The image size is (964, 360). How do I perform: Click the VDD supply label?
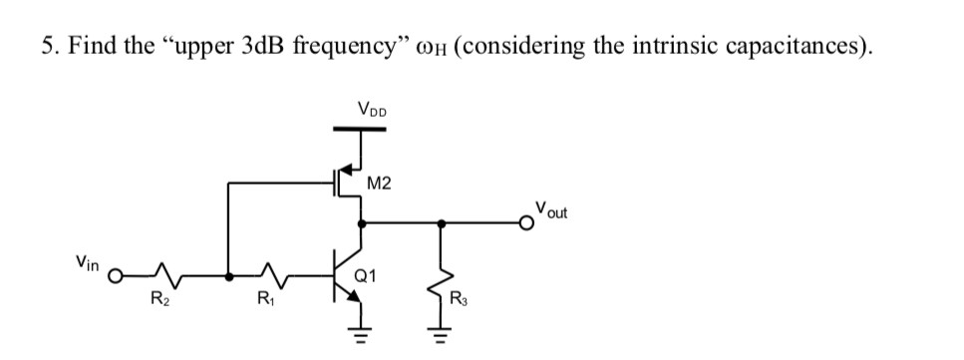coord(373,108)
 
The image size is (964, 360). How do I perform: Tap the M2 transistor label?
coord(379,182)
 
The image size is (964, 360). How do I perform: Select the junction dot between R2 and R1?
coord(229,274)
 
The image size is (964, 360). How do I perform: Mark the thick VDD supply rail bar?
coord(359,127)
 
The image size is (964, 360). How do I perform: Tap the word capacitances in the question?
coord(790,47)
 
